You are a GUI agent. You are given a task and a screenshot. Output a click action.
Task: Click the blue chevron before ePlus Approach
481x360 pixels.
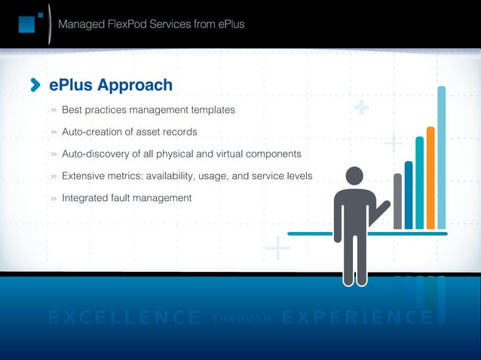tap(35, 86)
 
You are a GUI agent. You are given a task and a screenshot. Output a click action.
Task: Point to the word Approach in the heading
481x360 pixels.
tap(136, 85)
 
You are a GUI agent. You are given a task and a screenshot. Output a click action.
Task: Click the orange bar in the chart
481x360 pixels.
tap(430, 178)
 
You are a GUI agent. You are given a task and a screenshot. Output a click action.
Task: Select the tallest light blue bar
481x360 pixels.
tap(441, 157)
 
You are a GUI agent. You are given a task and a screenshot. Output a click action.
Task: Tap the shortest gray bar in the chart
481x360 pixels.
tap(397, 201)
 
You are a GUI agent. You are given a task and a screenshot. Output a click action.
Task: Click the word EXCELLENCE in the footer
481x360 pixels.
tap(124, 317)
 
